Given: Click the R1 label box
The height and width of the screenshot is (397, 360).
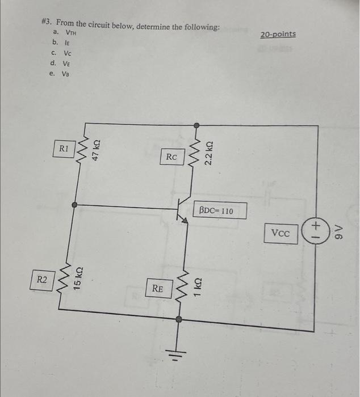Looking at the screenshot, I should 64,148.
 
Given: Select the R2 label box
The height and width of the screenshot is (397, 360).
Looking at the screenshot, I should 42,279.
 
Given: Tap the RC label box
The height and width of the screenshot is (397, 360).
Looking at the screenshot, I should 171,157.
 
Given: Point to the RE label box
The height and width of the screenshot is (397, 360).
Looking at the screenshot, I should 157,289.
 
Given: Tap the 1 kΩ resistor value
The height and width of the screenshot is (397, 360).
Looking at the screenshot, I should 198,284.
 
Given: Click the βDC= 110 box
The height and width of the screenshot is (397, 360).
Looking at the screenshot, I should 221,211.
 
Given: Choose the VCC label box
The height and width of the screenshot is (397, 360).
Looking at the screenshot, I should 281,233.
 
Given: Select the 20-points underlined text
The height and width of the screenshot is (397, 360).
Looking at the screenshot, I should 278,35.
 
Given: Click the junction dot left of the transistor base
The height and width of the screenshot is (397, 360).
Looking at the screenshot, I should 74,206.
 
